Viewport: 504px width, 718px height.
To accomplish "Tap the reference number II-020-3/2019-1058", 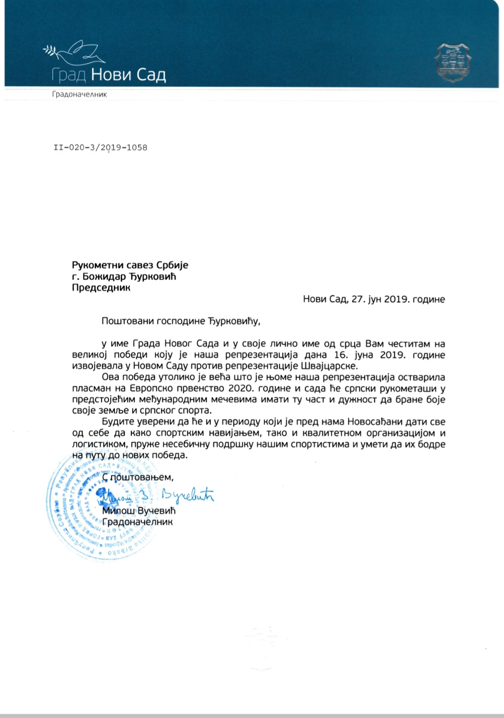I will (101, 147).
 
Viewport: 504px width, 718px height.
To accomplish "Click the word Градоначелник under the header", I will (79, 94).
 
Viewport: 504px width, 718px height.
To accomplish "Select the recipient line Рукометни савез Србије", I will (130, 265).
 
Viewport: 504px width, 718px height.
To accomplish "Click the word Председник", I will (101, 288).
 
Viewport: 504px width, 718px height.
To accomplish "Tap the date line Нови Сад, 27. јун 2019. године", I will (374, 299).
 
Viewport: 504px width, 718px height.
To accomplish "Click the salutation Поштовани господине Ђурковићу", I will (181, 321).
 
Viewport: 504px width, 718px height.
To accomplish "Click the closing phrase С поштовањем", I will (138, 477).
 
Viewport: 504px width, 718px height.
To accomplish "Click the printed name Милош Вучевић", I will (139, 511).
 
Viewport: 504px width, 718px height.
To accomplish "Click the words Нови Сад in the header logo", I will (128, 75).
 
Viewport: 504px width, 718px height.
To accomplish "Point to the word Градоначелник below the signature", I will (138, 522).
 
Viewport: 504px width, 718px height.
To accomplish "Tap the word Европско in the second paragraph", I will (166, 388).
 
